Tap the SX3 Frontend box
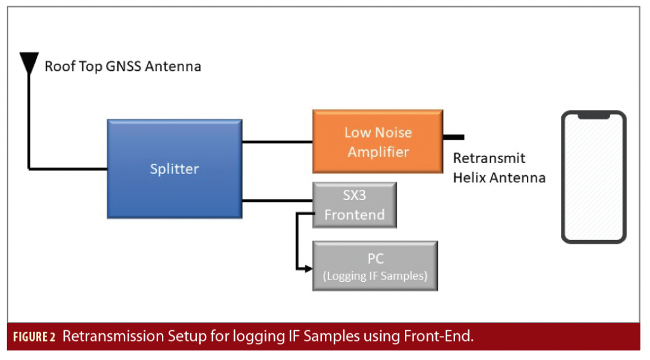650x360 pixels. point(355,204)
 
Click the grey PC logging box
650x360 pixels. point(375,266)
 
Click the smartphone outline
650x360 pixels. point(594,177)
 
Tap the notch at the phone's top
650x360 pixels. point(594,116)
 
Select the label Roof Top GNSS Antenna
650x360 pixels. point(123,66)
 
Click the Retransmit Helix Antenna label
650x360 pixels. point(498,168)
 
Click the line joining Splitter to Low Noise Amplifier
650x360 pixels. point(277,142)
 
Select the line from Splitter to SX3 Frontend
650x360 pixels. point(277,201)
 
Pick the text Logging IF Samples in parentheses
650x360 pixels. point(375,276)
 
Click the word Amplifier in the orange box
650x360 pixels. point(378,152)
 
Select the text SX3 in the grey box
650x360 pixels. point(355,195)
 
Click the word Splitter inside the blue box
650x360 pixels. point(175,169)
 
